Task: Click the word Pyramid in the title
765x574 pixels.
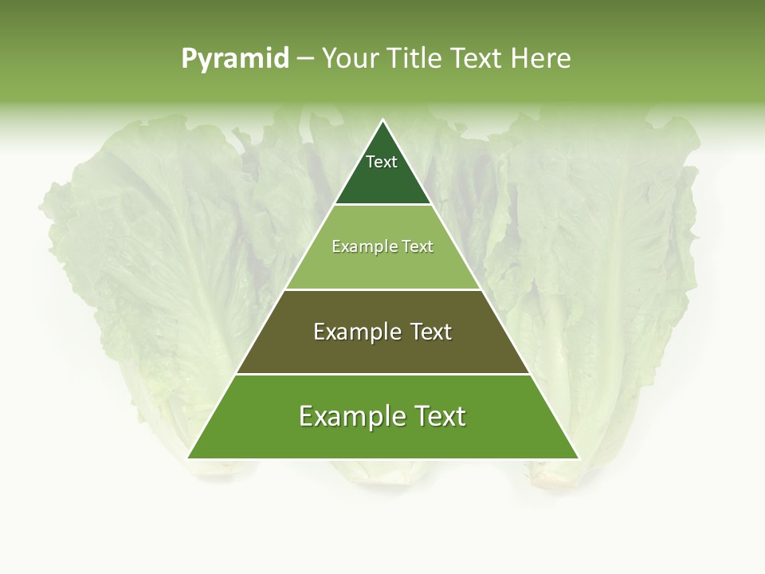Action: point(234,59)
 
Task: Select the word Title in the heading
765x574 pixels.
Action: point(414,58)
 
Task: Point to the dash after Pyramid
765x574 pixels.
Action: point(304,59)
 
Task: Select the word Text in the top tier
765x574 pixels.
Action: point(382,162)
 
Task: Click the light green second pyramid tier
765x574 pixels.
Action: point(382,267)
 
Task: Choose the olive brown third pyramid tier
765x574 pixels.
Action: point(382,351)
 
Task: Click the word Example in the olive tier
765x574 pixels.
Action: point(355,332)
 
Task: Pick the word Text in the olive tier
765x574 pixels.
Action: point(431,332)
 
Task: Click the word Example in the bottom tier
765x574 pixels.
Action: point(350,416)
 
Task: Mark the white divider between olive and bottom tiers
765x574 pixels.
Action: point(382,374)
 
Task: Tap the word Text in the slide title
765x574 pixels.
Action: point(477,58)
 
